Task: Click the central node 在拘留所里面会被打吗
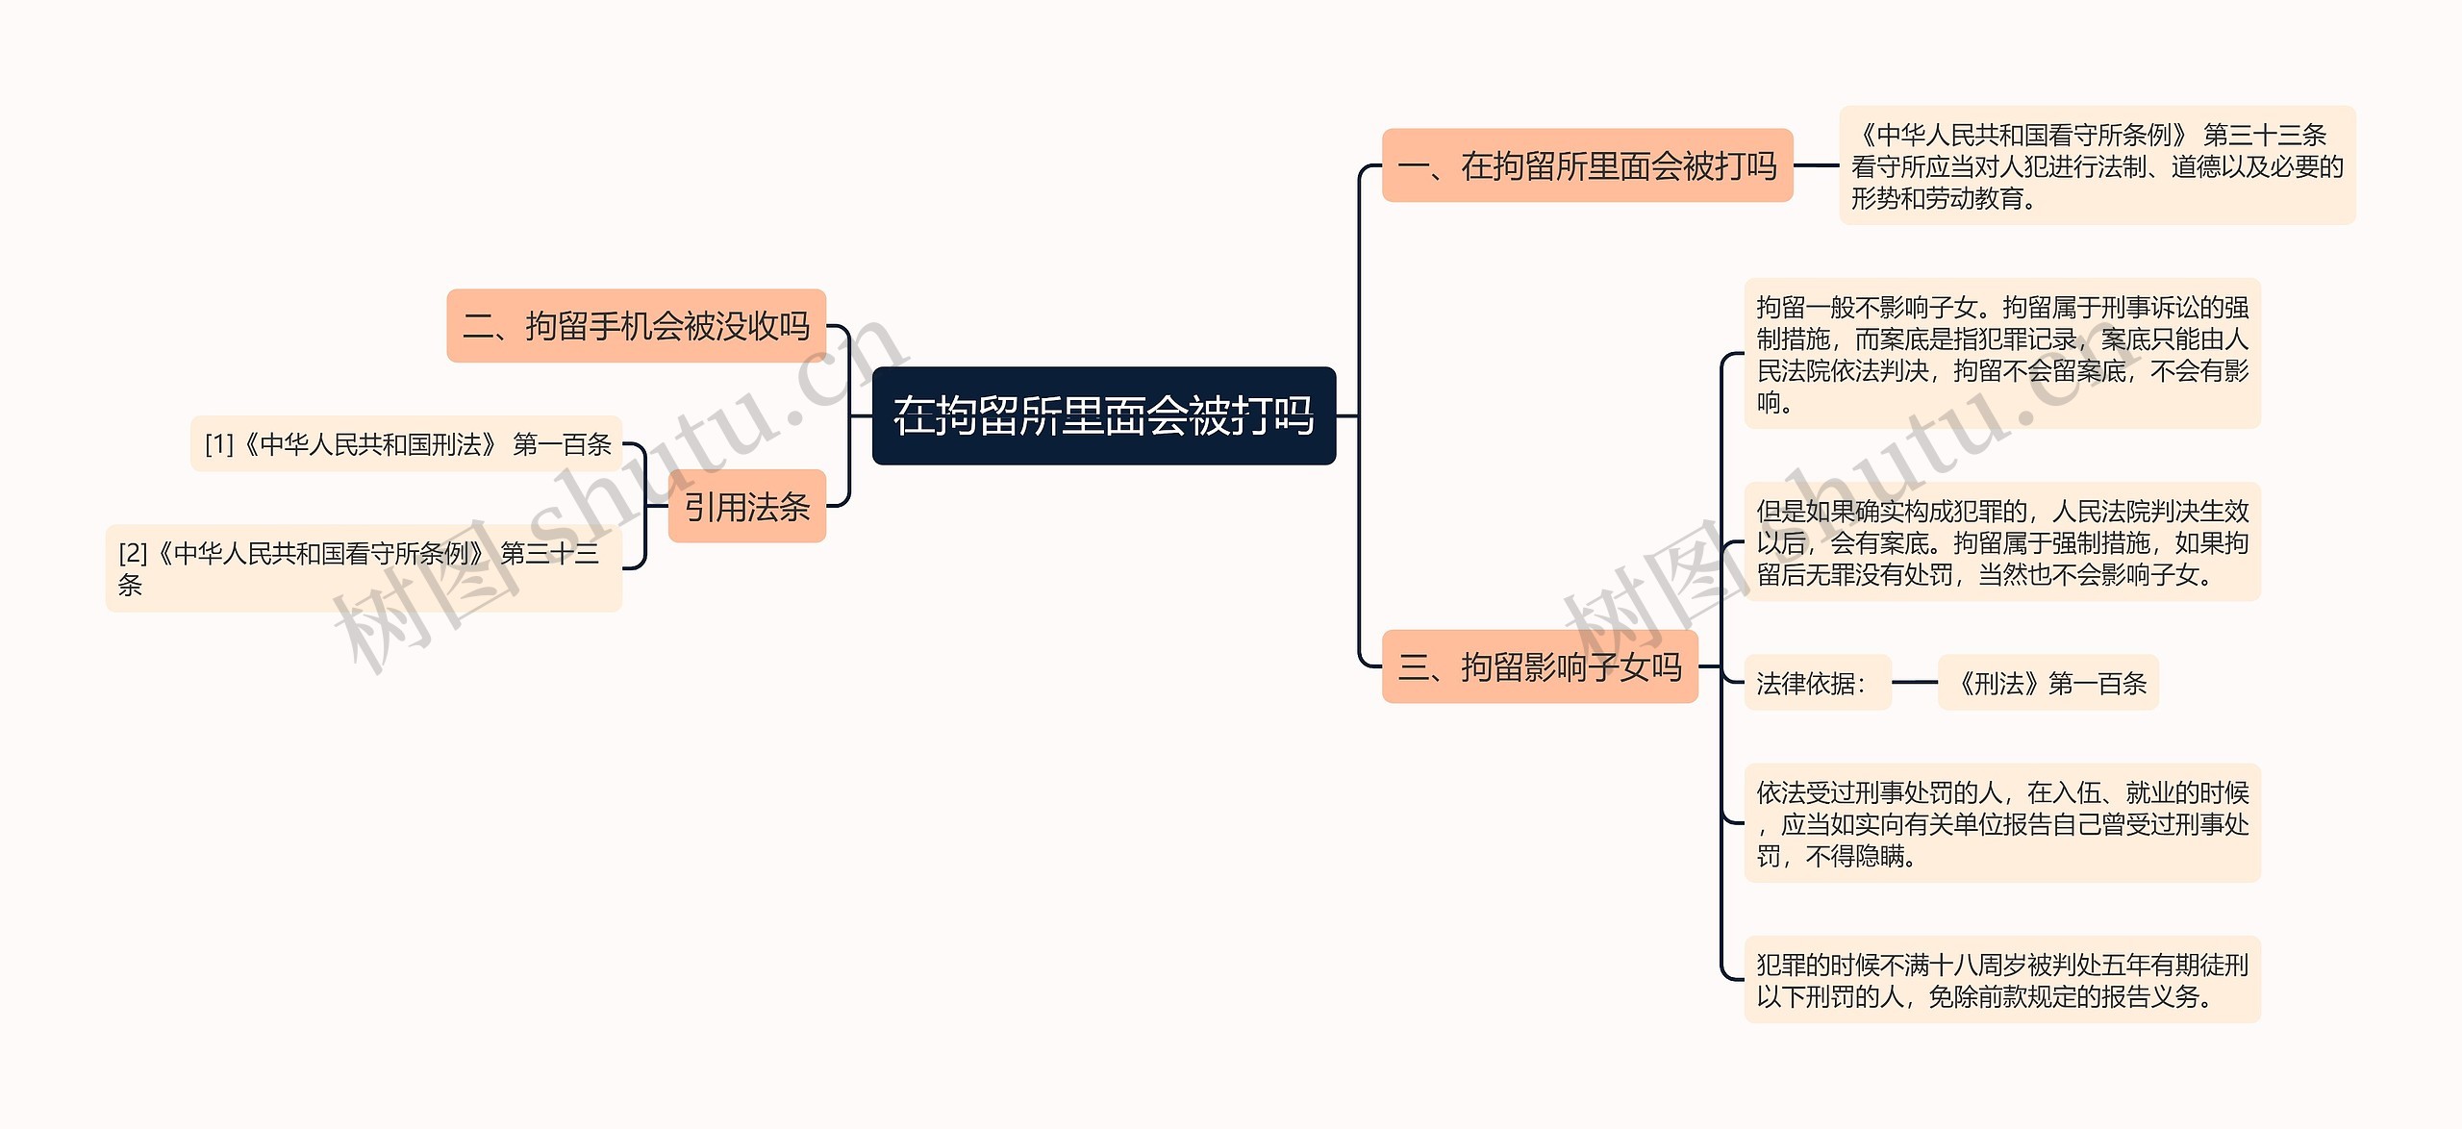pyautogui.click(x=1103, y=415)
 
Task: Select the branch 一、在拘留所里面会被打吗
pyautogui.click(x=1587, y=165)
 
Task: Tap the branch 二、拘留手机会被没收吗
pyautogui.click(x=636, y=326)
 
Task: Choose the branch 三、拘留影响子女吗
pyautogui.click(x=1539, y=666)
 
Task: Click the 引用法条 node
pyautogui.click(x=746, y=507)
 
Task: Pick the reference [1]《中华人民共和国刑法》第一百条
pyautogui.click(x=407, y=444)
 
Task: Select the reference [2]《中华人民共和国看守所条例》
pyautogui.click(x=364, y=567)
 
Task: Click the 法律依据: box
pyautogui.click(x=1817, y=683)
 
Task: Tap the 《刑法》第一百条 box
pyautogui.click(x=2047, y=683)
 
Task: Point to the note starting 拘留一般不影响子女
pyautogui.click(x=2001, y=354)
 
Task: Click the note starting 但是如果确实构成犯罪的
pyautogui.click(x=2001, y=542)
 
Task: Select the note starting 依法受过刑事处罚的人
pyautogui.click(x=2001, y=823)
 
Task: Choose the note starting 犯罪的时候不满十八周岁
pyautogui.click(x=2001, y=980)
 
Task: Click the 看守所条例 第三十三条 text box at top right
pyautogui.click(x=2097, y=165)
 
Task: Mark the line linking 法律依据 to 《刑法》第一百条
pyautogui.click(x=1914, y=683)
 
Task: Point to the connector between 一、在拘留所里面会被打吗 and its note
pyautogui.click(x=1816, y=165)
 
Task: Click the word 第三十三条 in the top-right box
pyautogui.click(x=2264, y=135)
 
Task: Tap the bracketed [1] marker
pyautogui.click(x=218, y=444)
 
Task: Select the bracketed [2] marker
pyautogui.click(x=133, y=553)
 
